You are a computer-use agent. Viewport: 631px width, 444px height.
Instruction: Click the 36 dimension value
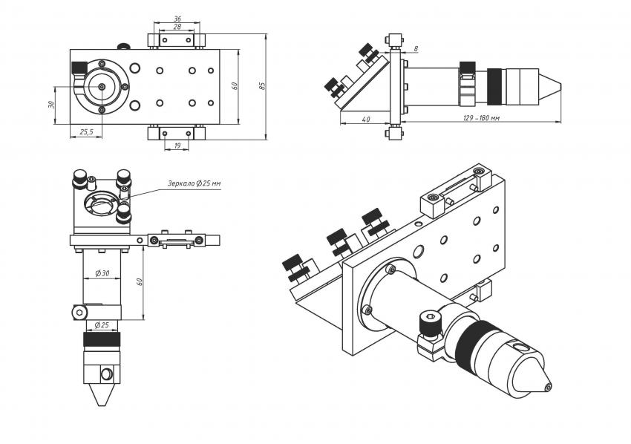pos(177,19)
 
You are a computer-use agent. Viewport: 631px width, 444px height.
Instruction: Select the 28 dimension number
pos(177,27)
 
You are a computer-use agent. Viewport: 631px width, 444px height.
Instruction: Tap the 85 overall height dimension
pos(262,85)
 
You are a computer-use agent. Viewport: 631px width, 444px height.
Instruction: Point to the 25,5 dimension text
pos(86,131)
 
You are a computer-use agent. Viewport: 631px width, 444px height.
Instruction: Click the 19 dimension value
pos(177,146)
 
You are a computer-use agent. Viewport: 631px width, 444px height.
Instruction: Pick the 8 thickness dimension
pos(416,49)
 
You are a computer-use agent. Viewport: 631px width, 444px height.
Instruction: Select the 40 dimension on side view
pos(365,119)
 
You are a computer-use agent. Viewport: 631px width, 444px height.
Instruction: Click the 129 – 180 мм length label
pos(481,118)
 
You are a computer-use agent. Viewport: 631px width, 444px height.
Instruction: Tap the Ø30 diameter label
pos(102,273)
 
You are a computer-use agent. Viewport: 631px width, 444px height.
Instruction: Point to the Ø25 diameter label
pos(102,325)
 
